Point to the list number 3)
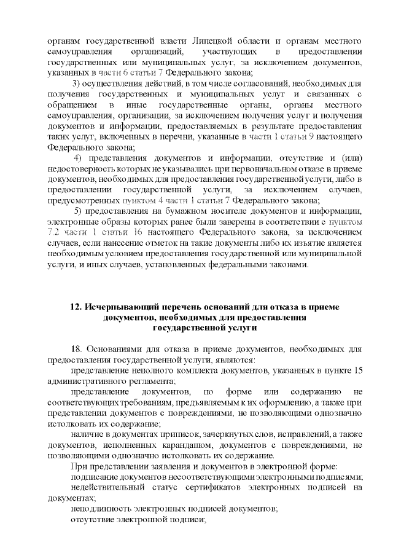pyautogui.click(x=79, y=84)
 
